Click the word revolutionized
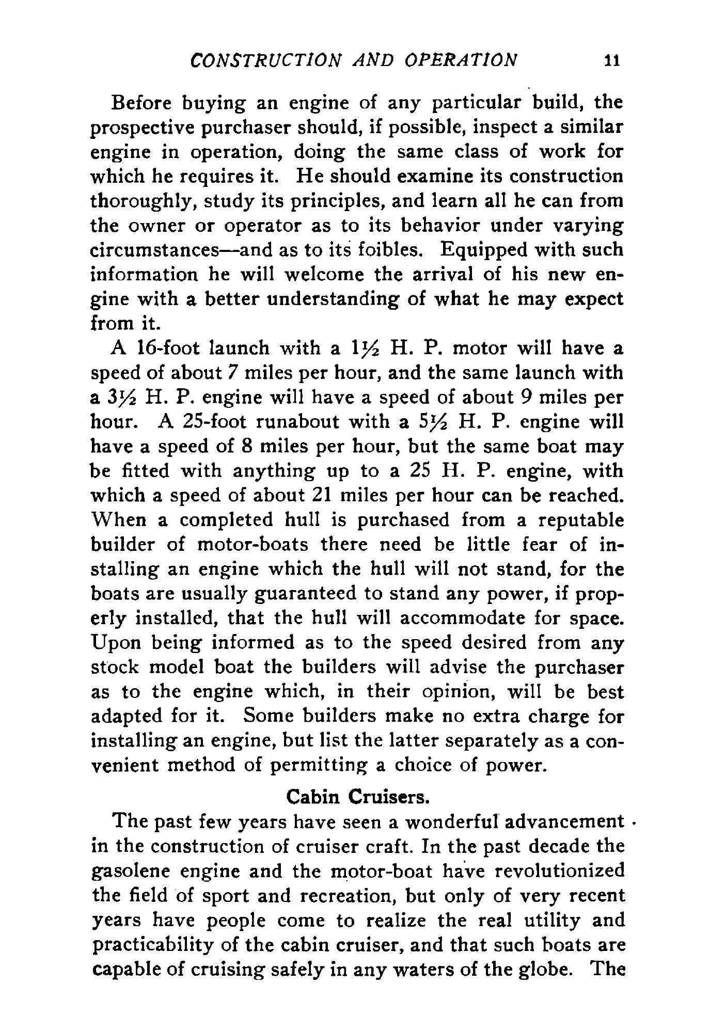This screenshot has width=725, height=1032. click(x=556, y=871)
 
